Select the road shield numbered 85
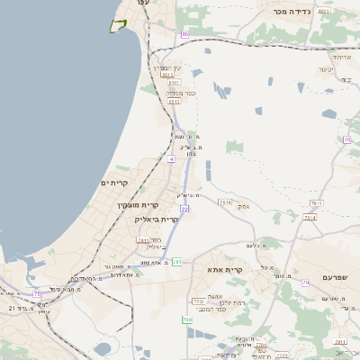pos(184,34)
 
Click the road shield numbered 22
pos(184,209)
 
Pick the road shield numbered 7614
pos(224,203)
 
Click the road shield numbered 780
pos(187,319)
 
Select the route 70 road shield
pos(346,139)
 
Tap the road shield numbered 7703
pos(196,301)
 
